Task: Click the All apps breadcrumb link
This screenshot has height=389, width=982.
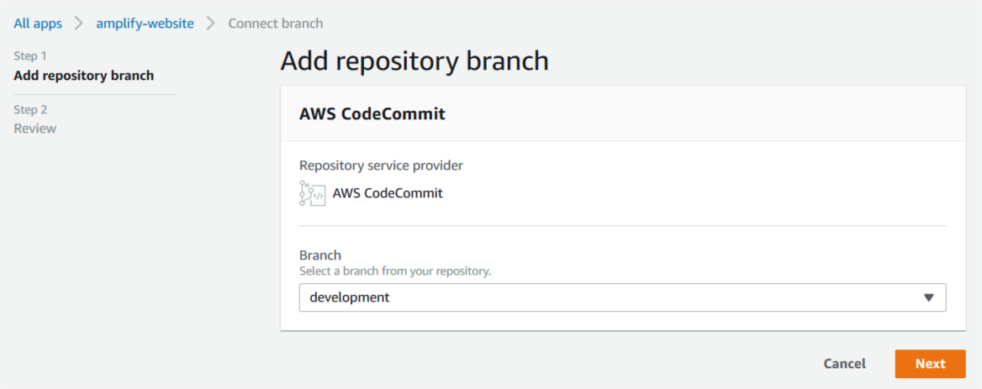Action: [x=38, y=24]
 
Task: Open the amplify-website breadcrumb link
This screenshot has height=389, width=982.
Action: [x=145, y=24]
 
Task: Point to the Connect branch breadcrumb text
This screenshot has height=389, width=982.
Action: [x=275, y=24]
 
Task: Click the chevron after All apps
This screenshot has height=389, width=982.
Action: [x=79, y=24]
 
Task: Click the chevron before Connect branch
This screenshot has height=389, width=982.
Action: [x=211, y=24]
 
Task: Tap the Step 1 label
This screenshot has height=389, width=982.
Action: [x=30, y=56]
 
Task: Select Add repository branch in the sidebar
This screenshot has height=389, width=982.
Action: [x=84, y=76]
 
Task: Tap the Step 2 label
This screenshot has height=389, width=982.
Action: [x=30, y=109]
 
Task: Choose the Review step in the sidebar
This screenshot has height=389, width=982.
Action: [x=35, y=129]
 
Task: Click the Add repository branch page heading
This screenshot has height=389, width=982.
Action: [x=414, y=61]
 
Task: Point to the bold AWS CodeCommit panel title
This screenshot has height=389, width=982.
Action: [x=372, y=113]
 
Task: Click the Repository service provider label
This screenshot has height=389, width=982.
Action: [x=381, y=166]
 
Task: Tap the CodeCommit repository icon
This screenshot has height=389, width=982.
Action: [x=312, y=193]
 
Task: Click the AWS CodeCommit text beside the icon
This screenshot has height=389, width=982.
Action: [x=388, y=193]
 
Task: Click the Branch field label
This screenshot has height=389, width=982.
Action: [x=320, y=255]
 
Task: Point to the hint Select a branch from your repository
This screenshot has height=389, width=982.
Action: [x=395, y=271]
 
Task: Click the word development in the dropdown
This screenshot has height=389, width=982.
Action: [x=350, y=297]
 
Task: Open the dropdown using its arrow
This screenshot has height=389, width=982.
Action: [x=928, y=297]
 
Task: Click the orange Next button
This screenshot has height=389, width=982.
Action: [x=930, y=364]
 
